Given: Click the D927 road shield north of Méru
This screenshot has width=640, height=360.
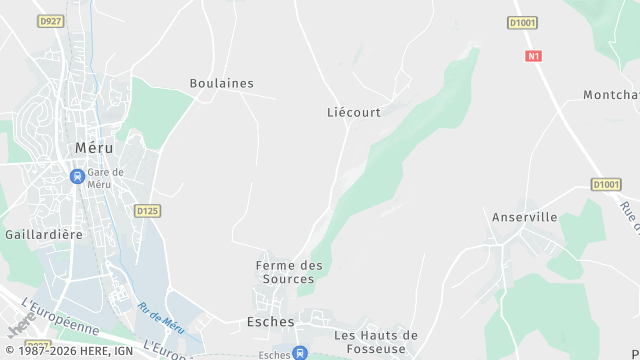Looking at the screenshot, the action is point(49,20).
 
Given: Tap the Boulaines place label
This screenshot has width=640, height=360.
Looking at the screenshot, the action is point(222,83).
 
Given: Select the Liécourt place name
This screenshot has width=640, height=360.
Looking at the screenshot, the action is point(354,112).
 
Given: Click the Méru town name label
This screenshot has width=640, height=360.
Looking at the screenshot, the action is point(94,147).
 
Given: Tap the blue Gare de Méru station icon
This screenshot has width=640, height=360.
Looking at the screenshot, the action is point(77,177).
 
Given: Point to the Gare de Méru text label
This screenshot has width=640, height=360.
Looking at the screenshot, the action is point(105,177).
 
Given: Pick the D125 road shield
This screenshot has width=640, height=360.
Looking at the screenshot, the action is point(147,210).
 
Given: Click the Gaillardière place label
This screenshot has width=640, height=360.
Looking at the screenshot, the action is point(43,233).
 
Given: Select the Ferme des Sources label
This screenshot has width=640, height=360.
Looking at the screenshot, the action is point(290,271).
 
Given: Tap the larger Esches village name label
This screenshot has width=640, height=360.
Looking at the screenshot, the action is point(270,322).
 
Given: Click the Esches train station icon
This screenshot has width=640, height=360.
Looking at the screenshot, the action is point(300,352).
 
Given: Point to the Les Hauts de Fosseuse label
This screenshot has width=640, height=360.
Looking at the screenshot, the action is point(376,341).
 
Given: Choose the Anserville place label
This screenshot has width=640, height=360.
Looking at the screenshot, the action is point(524,216).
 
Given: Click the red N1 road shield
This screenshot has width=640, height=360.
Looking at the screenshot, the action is point(533,56).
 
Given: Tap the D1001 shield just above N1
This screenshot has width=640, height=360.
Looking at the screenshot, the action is point(522,22).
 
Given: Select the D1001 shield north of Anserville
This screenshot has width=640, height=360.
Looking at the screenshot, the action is point(606,184).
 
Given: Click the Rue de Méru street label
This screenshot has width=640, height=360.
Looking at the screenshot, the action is point(162,318).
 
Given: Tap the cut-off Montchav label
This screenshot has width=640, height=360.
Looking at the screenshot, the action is point(611,95).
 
